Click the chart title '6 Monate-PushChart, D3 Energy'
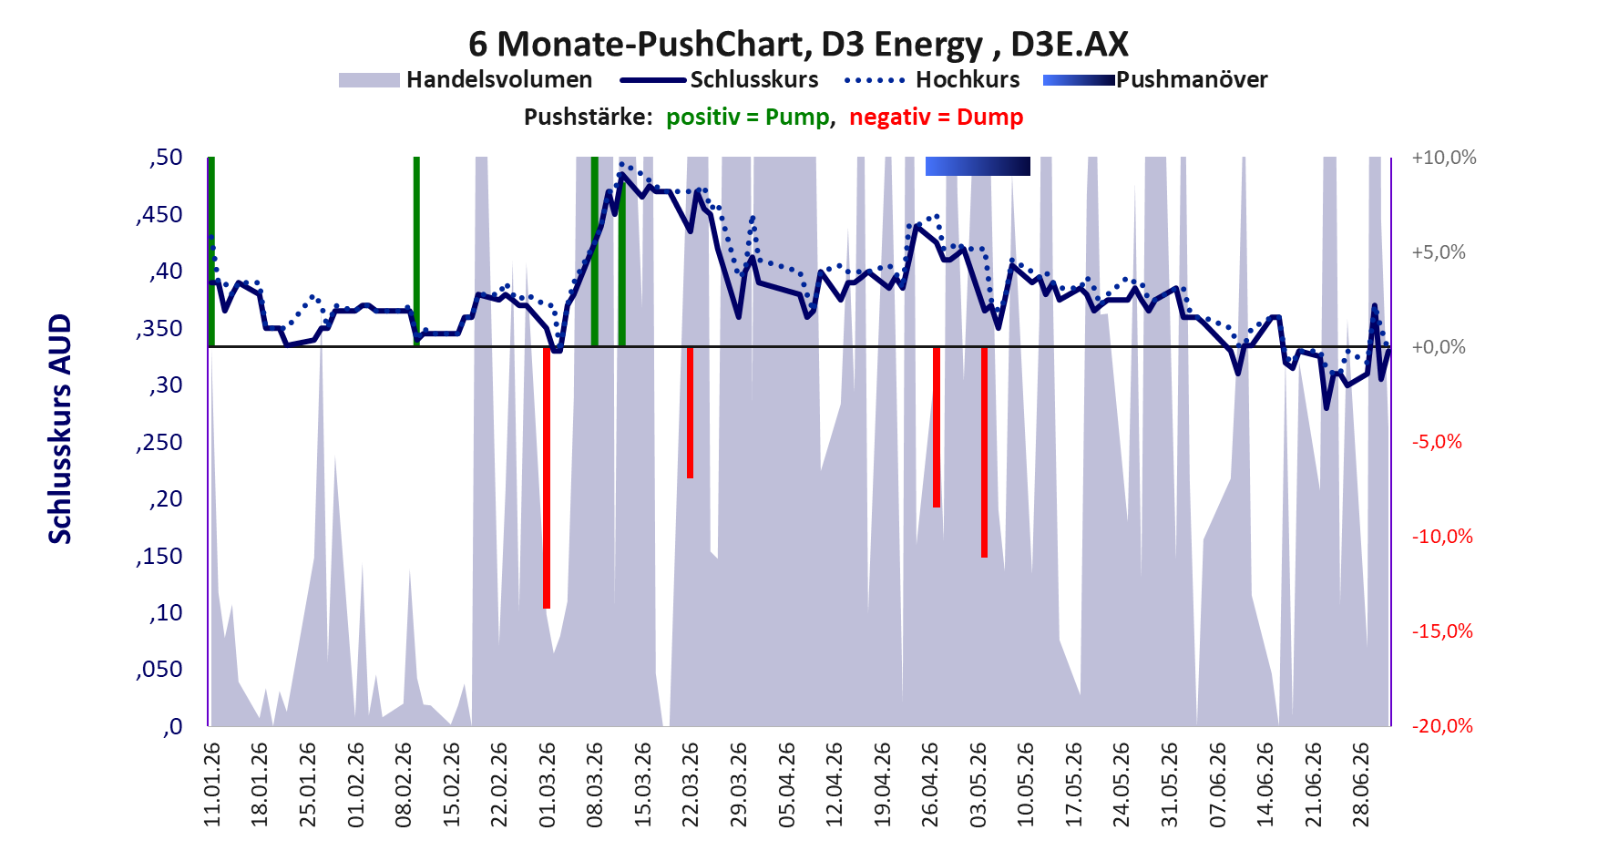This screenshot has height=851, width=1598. [x=726, y=44]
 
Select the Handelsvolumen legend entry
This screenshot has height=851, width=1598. [x=466, y=80]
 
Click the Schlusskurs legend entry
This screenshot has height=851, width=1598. [x=719, y=80]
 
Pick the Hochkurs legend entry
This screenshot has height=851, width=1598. [x=932, y=80]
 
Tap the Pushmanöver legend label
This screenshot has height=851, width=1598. [x=1192, y=80]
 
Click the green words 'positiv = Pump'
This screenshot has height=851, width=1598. [x=748, y=118]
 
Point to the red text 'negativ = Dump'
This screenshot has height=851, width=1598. [x=937, y=118]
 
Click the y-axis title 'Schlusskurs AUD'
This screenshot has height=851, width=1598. [x=60, y=429]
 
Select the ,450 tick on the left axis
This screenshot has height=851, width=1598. [x=159, y=215]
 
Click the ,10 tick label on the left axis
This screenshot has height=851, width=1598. [x=165, y=613]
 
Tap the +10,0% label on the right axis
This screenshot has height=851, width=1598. [x=1444, y=158]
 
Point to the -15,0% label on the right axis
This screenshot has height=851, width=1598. [x=1442, y=631]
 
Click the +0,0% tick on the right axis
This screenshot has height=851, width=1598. [x=1439, y=347]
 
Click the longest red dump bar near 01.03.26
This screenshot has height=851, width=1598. [x=547, y=477]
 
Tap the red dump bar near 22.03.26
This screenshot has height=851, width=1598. [x=691, y=413]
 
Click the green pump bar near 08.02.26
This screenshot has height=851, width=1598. [x=416, y=251]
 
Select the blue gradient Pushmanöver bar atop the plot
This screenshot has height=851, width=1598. [x=978, y=166]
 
